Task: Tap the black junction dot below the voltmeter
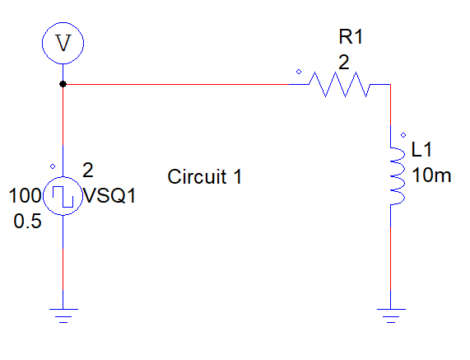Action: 63,84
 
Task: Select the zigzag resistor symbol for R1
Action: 340,84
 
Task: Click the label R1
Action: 351,36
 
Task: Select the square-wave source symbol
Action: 63,197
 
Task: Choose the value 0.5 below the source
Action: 27,222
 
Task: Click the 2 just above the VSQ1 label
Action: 88,171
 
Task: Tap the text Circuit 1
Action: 204,176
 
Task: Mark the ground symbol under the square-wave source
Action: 63,313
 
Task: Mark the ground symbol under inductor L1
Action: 390,313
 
